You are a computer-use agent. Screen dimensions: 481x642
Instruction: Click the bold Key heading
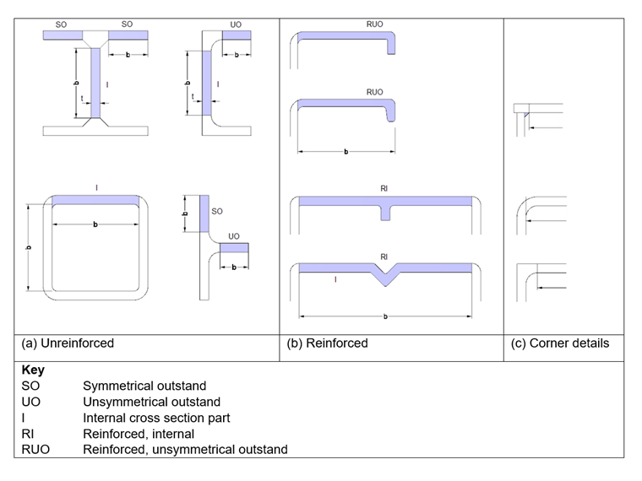click(33, 370)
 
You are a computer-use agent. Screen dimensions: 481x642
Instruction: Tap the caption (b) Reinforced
click(327, 343)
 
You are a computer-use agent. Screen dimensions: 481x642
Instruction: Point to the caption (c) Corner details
click(560, 343)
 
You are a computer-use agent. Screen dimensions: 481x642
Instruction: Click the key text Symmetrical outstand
click(144, 386)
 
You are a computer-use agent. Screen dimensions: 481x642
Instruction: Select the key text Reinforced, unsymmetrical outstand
click(185, 449)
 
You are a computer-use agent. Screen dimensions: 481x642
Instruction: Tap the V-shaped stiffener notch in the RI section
click(385, 274)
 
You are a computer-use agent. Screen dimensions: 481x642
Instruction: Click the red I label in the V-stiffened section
click(335, 278)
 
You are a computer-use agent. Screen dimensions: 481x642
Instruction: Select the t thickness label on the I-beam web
click(82, 99)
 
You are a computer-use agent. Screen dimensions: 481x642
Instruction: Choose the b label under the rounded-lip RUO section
click(345, 152)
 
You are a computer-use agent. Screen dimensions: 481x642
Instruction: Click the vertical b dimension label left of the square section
click(30, 247)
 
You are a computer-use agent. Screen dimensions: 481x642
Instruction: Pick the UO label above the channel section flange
click(235, 24)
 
